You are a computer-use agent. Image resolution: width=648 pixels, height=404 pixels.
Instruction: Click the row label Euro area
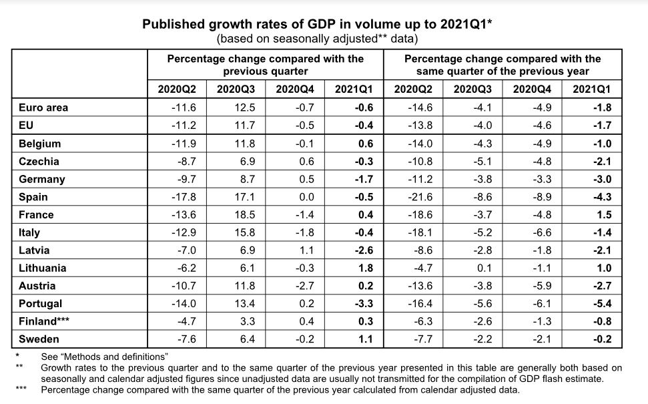tap(43, 107)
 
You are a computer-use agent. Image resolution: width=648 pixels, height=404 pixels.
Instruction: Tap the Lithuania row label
tap(43, 268)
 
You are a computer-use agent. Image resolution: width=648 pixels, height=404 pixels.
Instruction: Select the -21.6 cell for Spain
tap(420, 196)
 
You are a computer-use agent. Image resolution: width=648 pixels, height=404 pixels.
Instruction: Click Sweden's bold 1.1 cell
tap(364, 339)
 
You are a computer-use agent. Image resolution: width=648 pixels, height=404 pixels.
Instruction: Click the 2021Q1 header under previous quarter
tap(354, 89)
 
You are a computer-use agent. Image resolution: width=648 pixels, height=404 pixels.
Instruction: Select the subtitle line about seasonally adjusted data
tap(318, 39)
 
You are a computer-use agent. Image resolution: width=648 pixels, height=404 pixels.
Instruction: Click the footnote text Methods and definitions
tap(104, 357)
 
